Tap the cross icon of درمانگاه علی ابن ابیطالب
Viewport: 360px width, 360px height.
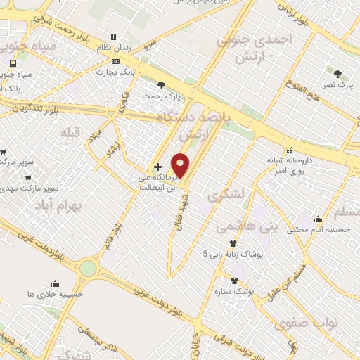(x=157, y=167)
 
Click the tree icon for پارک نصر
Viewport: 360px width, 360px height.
(x=338, y=74)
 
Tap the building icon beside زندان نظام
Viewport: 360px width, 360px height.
(x=112, y=37)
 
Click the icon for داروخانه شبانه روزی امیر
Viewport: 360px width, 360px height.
(x=289, y=149)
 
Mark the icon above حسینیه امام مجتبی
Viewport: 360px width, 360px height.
(x=318, y=218)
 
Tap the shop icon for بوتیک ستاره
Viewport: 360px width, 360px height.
(x=233, y=281)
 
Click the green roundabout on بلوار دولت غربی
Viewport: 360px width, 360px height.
(x=88, y=268)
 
